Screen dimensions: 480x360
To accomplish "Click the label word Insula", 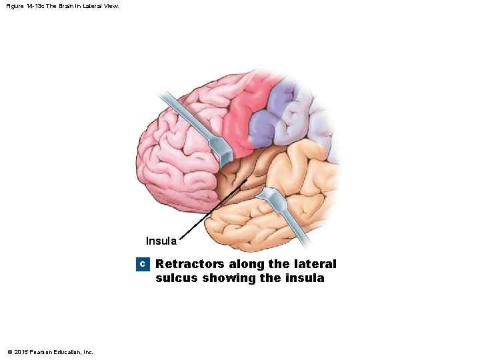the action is coord(161,241).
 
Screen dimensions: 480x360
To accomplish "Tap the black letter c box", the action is coord(141,265).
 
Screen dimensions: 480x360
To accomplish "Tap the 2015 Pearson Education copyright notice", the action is coord(50,351).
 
